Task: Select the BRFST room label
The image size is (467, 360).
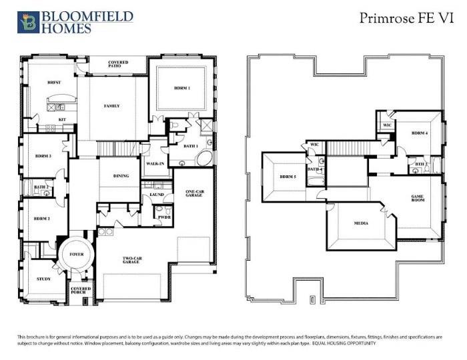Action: [x=54, y=82]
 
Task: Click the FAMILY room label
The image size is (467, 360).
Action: [x=111, y=106]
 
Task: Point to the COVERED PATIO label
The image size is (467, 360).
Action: [x=118, y=64]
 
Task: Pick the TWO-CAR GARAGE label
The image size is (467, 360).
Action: [x=130, y=261]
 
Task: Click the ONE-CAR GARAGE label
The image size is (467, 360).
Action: [x=194, y=194]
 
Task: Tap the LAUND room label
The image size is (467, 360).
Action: [x=157, y=194]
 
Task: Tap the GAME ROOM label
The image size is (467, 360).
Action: [x=418, y=199]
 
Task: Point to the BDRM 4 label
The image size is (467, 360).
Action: [x=419, y=133]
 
